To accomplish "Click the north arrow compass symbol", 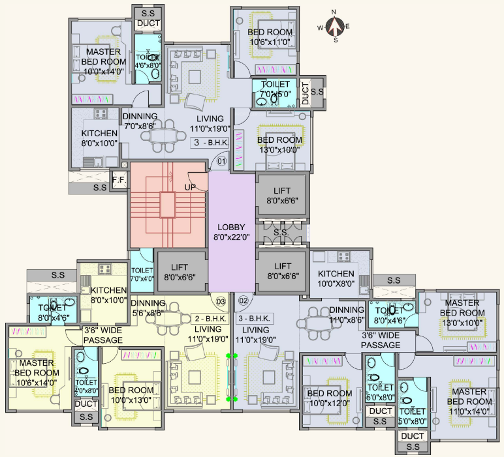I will coord(336,26).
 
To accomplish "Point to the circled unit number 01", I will coord(221,161).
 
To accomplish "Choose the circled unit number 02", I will coord(244,301).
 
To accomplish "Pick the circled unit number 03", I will coord(221,302).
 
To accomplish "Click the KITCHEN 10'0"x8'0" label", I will coord(336,278).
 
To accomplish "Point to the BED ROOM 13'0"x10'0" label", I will coord(279,145).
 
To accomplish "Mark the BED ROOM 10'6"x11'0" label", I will coord(270,37).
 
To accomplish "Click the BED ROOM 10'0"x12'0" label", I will coord(330,398).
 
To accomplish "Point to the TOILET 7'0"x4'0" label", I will coord(142,274).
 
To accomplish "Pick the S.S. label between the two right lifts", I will coord(281,232).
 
